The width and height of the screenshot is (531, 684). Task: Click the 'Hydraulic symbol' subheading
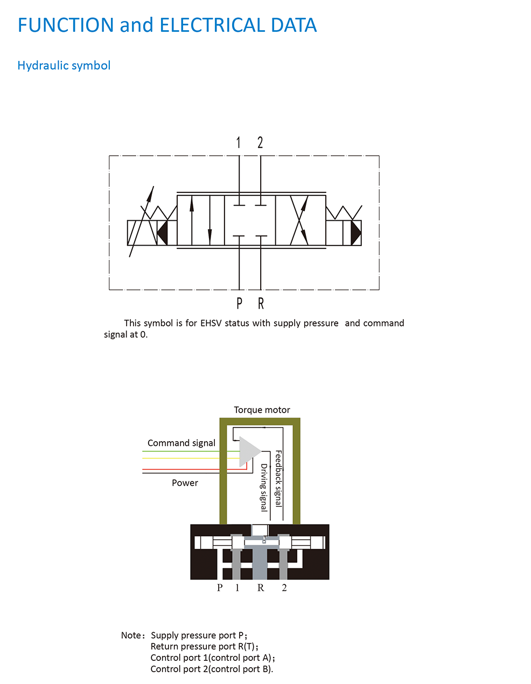coord(64,66)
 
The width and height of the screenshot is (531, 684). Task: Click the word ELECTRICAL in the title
coord(212,25)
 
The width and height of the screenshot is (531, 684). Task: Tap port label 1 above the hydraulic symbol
coord(239,142)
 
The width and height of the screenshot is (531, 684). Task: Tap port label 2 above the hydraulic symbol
coord(260,142)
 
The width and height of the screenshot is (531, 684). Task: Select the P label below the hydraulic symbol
coord(240,303)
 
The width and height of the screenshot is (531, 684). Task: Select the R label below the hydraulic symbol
coord(261,303)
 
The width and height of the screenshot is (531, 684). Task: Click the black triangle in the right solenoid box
coord(356,233)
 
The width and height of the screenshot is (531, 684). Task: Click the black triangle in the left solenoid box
coord(163,233)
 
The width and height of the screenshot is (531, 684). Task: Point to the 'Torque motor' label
coord(262,410)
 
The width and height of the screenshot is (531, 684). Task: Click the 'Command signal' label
coord(181,443)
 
